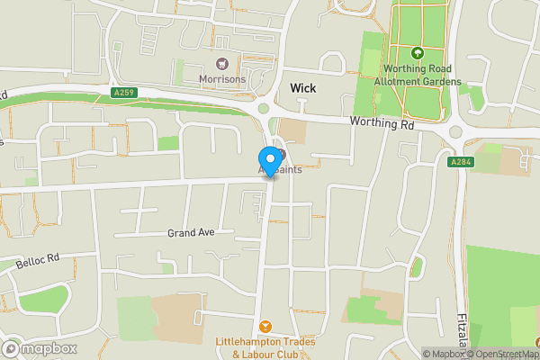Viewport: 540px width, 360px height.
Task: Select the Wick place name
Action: click(x=302, y=87)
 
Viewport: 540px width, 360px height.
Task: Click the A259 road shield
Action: click(x=124, y=93)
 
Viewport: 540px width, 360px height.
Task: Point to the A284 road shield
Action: click(x=461, y=162)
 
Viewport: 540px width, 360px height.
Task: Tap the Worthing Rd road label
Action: click(x=382, y=124)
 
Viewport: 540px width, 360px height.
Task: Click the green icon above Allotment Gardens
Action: click(x=417, y=54)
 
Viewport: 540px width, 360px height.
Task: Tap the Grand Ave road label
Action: click(x=191, y=232)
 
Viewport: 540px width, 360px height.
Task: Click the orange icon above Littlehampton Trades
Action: click(x=265, y=326)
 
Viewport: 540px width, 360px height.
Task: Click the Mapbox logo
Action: click(x=40, y=348)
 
